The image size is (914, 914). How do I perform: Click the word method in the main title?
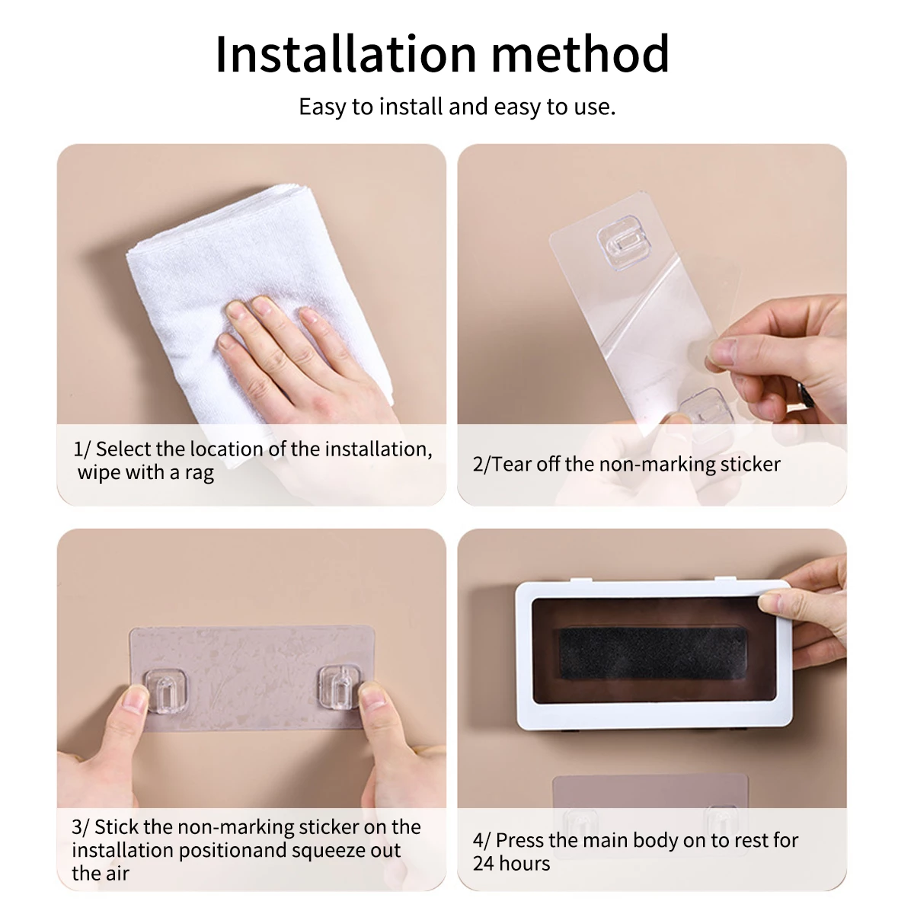click(x=580, y=55)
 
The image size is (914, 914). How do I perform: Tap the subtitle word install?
click(x=412, y=107)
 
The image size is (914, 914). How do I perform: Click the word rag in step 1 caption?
click(x=199, y=473)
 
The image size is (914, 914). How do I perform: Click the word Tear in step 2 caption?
click(x=512, y=465)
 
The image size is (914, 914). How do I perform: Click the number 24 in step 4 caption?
click(x=484, y=864)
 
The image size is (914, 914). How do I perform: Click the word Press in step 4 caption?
click(x=519, y=841)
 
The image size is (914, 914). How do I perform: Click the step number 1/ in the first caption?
click(x=81, y=449)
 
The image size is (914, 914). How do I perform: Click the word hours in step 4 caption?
click(x=526, y=864)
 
